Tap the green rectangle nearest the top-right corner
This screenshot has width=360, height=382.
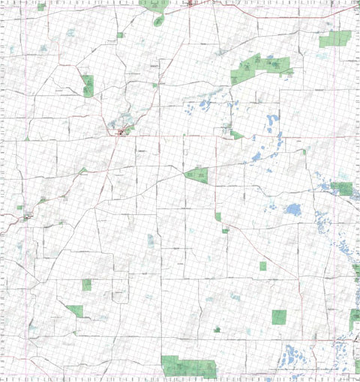334,39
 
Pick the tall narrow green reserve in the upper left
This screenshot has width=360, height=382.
88,85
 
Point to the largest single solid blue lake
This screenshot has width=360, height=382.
292,209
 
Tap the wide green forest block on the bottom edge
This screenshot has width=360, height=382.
188,366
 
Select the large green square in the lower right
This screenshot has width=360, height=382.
279,317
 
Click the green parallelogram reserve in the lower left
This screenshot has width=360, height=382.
75,309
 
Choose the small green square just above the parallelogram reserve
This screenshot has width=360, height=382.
86,285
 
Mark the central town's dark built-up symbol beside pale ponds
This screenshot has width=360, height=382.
121,132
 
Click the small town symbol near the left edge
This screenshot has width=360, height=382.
28,216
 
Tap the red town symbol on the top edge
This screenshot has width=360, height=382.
191,3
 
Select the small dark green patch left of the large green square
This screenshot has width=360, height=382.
217,329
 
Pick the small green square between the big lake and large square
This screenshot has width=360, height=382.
263,266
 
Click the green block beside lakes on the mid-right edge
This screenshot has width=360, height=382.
344,188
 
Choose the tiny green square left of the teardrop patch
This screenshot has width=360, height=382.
119,34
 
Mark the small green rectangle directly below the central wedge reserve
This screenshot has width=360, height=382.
217,216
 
